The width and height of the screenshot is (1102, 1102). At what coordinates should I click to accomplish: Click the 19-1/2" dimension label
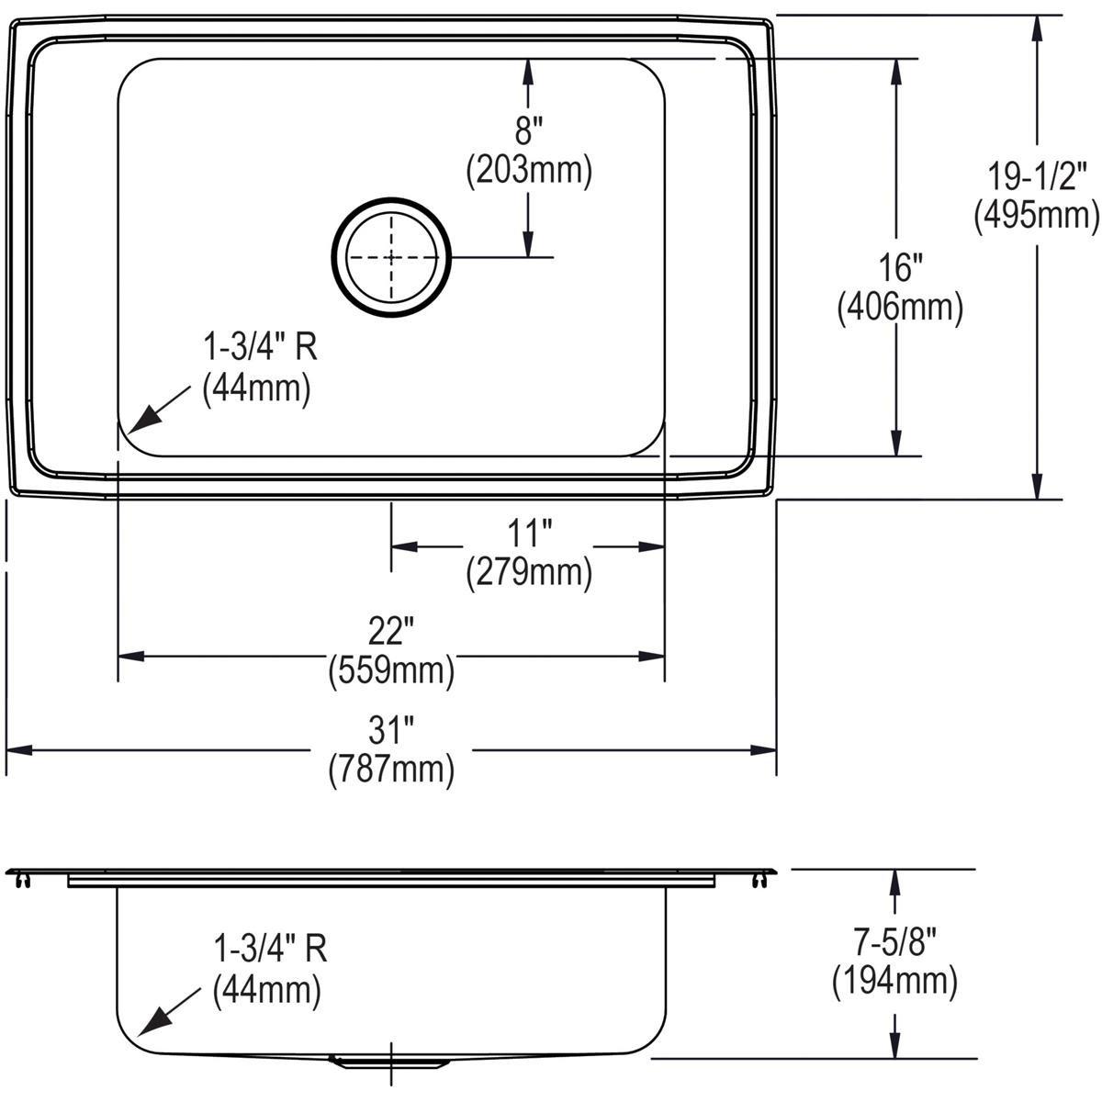coord(1036,174)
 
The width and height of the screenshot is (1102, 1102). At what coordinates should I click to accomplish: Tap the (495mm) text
coord(1036,216)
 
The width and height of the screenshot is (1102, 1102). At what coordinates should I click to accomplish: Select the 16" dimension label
coord(898,268)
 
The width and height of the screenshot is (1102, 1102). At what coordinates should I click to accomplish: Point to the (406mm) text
coord(899,309)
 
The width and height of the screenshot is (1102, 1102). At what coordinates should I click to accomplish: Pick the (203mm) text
coord(528,171)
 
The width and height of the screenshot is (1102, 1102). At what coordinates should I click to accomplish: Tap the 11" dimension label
coord(528,533)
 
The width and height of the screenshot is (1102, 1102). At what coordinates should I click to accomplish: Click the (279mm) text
coord(528,573)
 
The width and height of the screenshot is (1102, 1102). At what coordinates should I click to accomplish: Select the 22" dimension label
coord(391,632)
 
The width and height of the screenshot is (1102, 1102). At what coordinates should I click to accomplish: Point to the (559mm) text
coord(391,672)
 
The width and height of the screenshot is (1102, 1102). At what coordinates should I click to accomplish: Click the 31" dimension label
coord(391,730)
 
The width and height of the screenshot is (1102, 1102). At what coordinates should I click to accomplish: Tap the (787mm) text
coord(391,770)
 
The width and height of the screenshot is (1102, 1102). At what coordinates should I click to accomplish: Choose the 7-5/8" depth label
coord(894,941)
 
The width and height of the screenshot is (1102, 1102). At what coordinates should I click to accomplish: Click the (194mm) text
coord(894,983)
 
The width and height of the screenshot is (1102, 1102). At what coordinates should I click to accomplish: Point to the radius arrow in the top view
coord(152,415)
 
